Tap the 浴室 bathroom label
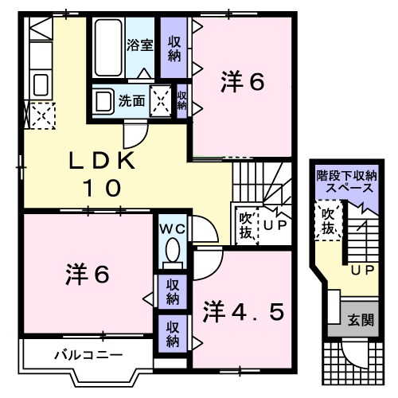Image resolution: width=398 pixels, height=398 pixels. (140, 45)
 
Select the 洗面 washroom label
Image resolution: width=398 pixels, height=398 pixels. (131, 101)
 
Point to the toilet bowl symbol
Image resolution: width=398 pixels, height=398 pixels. (170, 252)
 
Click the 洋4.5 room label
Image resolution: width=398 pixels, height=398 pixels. (243, 310)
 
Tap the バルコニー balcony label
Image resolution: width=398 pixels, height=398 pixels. (78, 354)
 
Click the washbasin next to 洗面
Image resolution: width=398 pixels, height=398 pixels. (103, 101)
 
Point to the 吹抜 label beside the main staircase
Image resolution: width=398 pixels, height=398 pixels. (245, 223)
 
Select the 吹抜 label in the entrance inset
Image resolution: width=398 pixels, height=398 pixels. (327, 220)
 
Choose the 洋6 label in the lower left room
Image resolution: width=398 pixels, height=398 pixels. (86, 275)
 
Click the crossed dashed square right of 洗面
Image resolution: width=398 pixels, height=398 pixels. (162, 100)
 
